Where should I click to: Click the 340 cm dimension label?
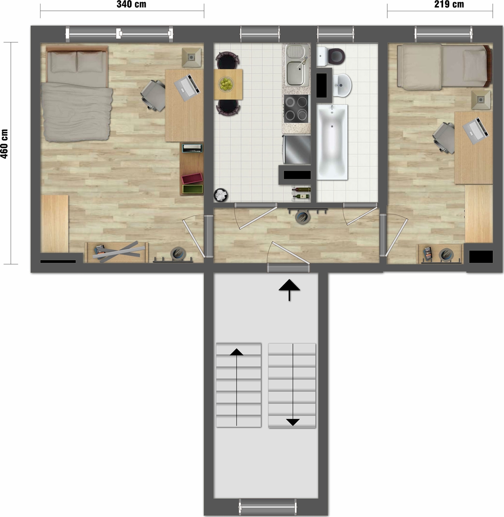click(131, 4)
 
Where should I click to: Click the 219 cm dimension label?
click(449, 4)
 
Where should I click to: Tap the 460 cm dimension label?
click(4, 144)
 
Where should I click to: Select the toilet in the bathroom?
click(331, 56)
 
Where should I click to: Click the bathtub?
click(332, 142)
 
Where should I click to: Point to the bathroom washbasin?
click(342, 86)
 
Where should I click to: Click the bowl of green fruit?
click(226, 84)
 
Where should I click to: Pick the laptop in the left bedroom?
click(187, 87)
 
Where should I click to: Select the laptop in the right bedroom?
click(476, 131)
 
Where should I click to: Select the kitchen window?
click(260, 34)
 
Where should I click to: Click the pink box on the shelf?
click(192, 178)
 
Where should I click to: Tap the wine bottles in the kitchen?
click(301, 193)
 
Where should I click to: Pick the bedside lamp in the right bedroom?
click(481, 100)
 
